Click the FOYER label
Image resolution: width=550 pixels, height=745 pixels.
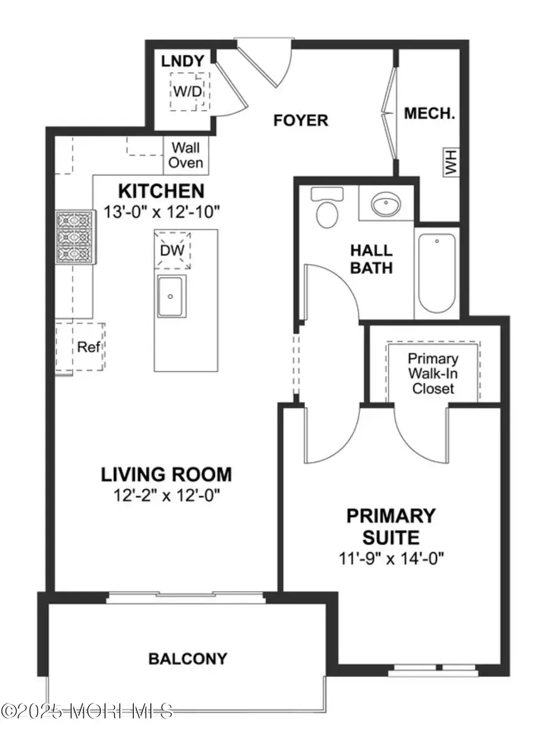point(300,120)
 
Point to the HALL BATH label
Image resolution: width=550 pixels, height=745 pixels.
point(371,259)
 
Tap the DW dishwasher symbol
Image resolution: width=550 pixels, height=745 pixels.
point(172,249)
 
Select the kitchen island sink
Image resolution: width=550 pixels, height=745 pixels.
point(172,296)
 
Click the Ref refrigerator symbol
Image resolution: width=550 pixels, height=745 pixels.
point(84,347)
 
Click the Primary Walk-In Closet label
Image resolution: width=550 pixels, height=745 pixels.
point(433,373)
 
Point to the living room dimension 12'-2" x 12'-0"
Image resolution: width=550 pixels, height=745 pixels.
point(166,494)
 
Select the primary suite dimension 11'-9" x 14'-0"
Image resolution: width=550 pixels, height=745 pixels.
point(391,557)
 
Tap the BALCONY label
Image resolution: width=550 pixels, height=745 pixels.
point(188,658)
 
